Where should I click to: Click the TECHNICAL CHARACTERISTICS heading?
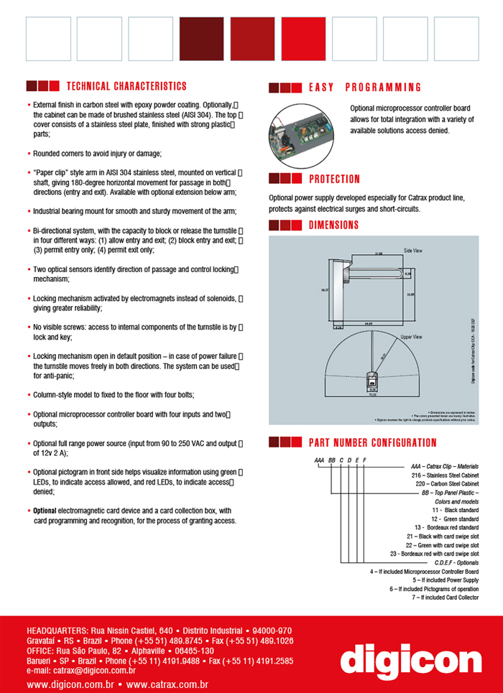click(x=126, y=86)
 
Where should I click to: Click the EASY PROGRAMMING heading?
click(x=365, y=88)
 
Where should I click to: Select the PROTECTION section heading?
click(x=334, y=179)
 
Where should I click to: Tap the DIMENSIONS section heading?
click(x=333, y=225)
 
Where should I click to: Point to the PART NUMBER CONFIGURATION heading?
click(x=372, y=442)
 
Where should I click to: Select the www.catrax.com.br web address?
click(x=167, y=685)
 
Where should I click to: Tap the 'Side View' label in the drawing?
click(x=412, y=250)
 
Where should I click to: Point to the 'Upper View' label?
click(x=411, y=336)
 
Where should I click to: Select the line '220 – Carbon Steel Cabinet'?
click(x=447, y=485)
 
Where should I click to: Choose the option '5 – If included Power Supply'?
click(x=446, y=580)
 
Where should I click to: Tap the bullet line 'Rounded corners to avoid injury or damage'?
click(x=97, y=154)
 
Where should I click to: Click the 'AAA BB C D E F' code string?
click(x=341, y=459)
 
